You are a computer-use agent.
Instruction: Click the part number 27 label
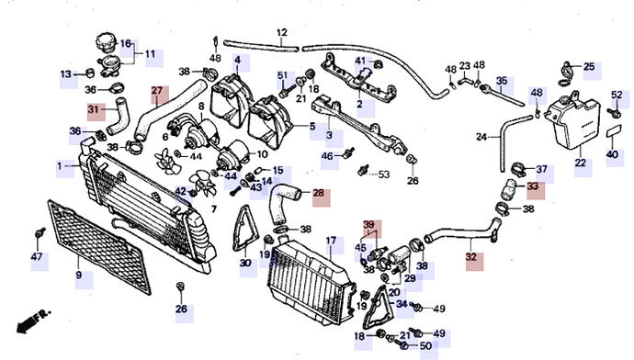point(157,91)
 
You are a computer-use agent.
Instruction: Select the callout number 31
point(94,109)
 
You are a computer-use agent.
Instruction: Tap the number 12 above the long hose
point(282,33)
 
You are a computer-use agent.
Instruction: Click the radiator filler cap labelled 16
point(106,43)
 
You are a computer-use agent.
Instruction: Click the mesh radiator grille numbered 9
point(99,246)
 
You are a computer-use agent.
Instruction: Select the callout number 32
point(471,257)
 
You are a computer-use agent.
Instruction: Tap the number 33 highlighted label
point(533,186)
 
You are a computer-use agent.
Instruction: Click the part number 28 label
point(319,193)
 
